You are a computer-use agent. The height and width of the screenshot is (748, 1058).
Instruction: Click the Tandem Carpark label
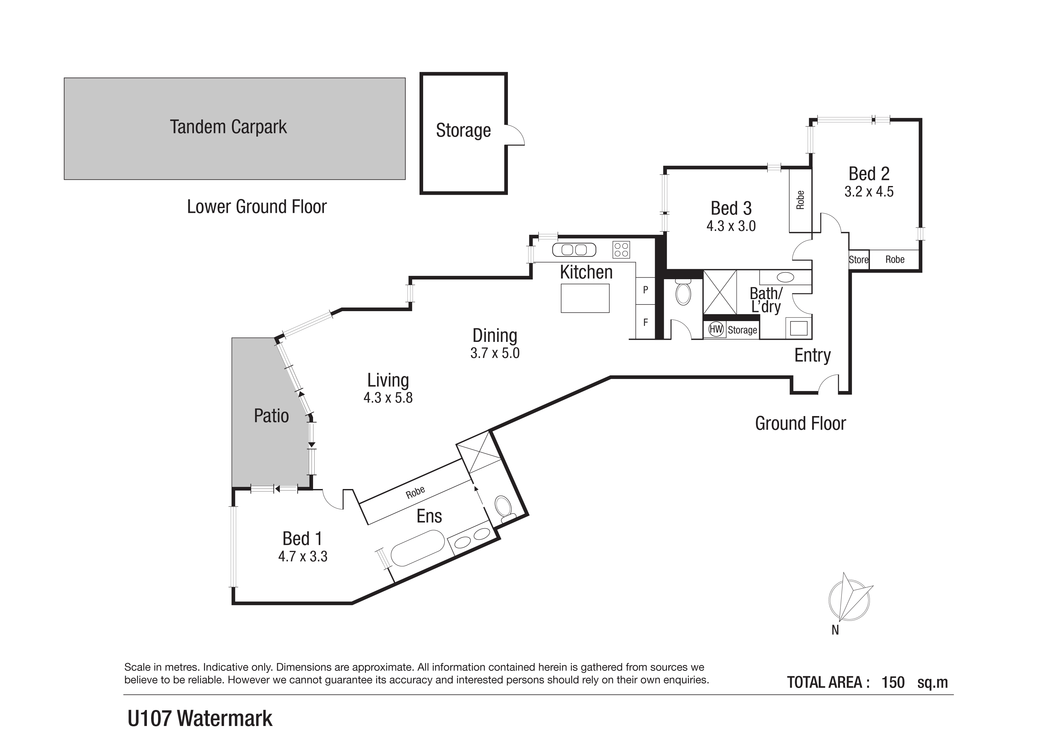[x=229, y=127]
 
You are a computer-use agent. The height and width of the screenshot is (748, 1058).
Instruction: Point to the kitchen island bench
[x=585, y=298]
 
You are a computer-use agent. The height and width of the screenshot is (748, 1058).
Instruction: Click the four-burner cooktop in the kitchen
[x=621, y=250]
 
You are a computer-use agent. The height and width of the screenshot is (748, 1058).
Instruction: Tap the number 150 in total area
[x=893, y=682]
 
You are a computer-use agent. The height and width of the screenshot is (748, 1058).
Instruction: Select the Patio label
[x=271, y=416]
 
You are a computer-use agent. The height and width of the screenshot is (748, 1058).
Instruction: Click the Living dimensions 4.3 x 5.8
[x=388, y=397]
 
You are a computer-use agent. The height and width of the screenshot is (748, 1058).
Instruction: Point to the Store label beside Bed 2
[x=858, y=260]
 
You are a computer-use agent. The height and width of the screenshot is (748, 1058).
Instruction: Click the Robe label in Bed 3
[x=800, y=200]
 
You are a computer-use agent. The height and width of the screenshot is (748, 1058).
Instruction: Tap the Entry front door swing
[x=828, y=383]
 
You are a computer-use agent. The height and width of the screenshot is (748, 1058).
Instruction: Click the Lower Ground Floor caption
[x=257, y=207]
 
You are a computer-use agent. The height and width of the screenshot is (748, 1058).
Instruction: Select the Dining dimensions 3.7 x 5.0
[x=495, y=353]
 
